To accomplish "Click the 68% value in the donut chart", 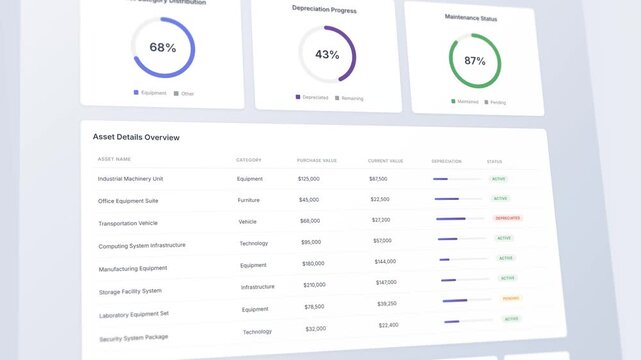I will point(162,47).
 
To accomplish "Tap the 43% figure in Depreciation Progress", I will point(327,55).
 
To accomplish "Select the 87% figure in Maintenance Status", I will point(475,61).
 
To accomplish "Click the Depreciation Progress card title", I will point(324,9).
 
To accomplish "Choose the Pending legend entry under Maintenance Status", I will point(496,102).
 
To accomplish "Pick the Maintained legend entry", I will point(466,101).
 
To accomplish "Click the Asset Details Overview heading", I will point(136,137).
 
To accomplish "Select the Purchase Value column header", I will point(317,160).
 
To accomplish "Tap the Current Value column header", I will point(386,161).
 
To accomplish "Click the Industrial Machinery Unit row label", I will point(130,179).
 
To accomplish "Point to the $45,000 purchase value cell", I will point(309,199).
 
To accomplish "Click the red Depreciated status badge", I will point(508,217).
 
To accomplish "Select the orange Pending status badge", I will point(511,298).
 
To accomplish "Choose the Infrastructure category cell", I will point(257,287).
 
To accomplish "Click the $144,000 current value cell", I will point(385,261).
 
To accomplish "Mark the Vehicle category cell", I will point(248,221).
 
